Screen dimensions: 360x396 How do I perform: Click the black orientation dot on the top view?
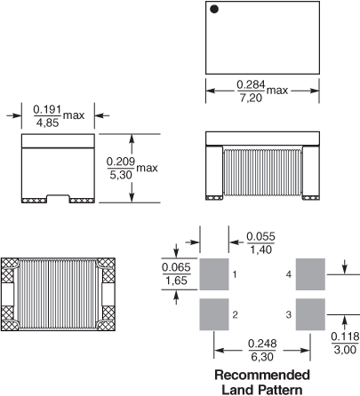(214, 9)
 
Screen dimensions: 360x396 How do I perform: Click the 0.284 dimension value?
(251, 84)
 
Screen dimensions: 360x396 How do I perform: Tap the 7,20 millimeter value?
(251, 98)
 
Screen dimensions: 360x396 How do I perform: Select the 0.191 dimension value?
(47, 109)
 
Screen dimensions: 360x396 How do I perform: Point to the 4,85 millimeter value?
(47, 123)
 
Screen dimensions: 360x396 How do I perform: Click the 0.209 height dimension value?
(121, 162)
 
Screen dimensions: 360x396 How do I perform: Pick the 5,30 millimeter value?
(121, 175)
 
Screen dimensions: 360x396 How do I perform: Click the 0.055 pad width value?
(260, 236)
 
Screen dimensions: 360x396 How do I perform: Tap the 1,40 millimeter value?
(260, 249)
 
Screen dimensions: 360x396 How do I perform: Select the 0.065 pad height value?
(176, 267)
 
